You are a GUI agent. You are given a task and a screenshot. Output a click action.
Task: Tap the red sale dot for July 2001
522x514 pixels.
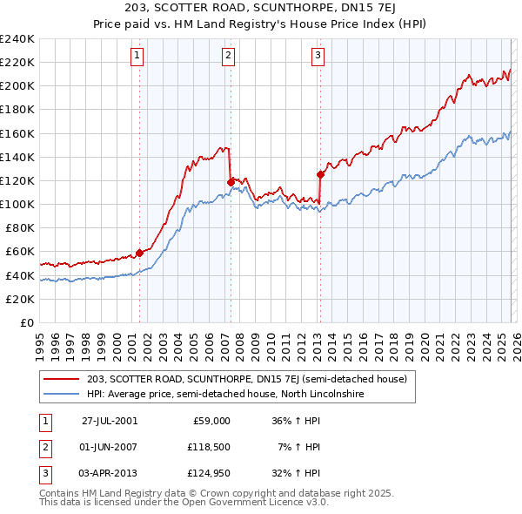[x=139, y=253]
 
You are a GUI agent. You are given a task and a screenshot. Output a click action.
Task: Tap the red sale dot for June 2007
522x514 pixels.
[x=231, y=182]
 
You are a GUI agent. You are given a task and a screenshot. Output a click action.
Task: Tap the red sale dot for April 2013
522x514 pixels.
[x=320, y=174]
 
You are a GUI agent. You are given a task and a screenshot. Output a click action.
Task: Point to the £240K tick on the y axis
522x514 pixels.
[x=17, y=39]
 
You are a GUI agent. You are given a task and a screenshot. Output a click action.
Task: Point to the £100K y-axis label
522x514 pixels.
[x=17, y=205]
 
